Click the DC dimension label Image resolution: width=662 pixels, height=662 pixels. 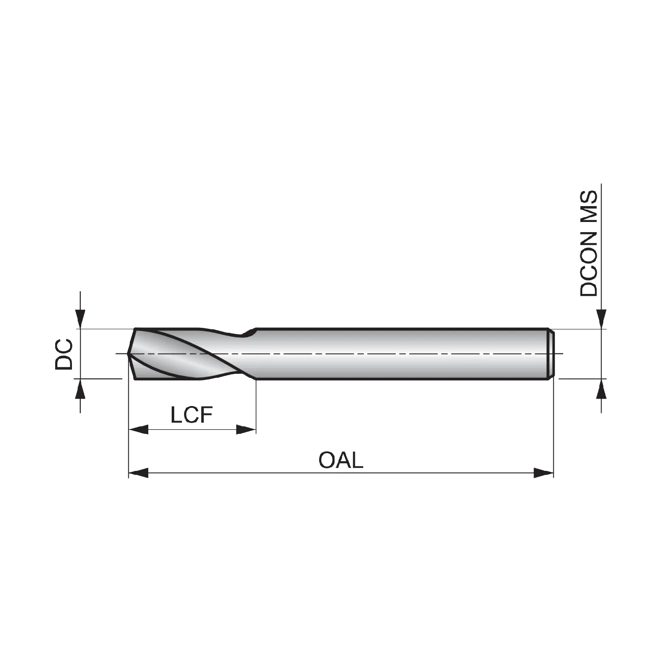pos(64,354)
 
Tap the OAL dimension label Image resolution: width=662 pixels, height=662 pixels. pos(341,460)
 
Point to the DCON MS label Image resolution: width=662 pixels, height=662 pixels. pos(589,244)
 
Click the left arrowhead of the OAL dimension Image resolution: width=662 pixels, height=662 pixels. pos(138,473)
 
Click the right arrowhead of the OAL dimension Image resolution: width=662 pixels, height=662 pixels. pos(544,473)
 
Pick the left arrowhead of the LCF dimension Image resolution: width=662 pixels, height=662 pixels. pos(138,429)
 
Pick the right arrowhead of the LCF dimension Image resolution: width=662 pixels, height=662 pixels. pos(246,429)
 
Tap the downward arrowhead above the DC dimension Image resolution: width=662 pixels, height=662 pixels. pos(80,319)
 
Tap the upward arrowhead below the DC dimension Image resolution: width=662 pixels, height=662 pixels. pos(80,388)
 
